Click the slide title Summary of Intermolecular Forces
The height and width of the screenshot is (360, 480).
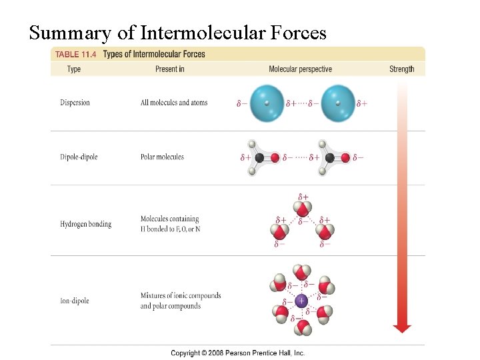178,32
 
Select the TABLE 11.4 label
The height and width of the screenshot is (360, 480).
77,55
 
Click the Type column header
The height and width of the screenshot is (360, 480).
74,69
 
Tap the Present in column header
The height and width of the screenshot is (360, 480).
170,69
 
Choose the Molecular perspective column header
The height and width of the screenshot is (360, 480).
300,69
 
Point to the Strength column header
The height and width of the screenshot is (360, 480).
401,69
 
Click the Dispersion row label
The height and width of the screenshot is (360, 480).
75,103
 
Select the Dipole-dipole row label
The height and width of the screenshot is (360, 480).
79,157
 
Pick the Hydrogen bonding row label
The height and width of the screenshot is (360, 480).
85,224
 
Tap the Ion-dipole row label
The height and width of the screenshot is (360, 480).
74,301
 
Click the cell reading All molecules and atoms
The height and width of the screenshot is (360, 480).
174,103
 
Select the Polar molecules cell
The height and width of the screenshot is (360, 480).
162,157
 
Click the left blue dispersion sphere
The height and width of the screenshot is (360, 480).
267,103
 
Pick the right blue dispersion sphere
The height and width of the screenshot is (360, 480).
338,103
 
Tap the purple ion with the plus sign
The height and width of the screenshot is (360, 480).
301,301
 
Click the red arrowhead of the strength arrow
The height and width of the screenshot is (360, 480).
402,327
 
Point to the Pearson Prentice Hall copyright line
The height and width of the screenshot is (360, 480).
238,353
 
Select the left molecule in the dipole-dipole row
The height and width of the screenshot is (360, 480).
263,157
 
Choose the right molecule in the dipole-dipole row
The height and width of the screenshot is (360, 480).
334,157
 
